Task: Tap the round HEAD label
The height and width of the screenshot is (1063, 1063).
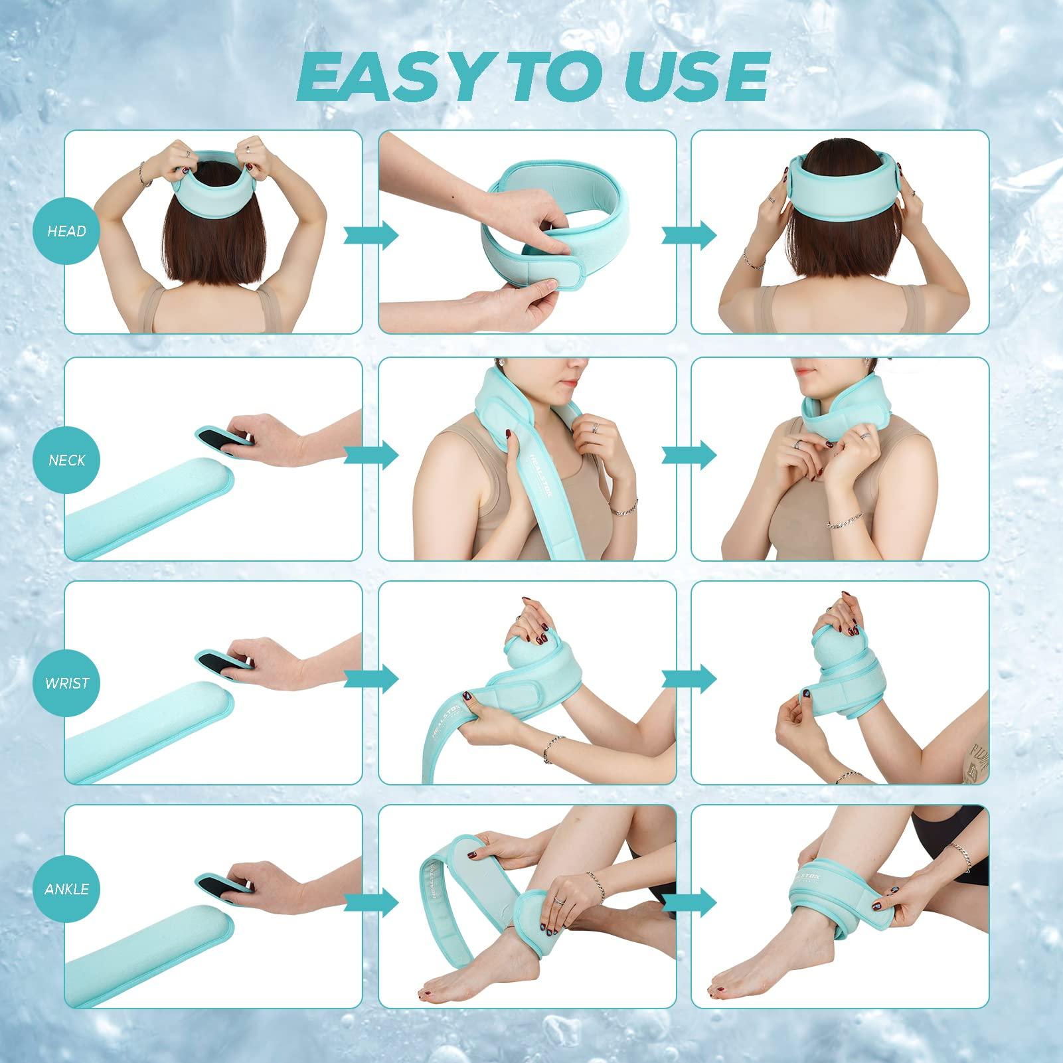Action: [x=66, y=231]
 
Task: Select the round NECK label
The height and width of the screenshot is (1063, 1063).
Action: [x=66, y=459]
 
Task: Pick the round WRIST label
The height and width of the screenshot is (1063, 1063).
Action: [x=66, y=683]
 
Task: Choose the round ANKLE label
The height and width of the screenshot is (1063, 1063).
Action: [x=66, y=888]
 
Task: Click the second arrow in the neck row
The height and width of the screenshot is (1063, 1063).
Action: [x=689, y=455]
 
